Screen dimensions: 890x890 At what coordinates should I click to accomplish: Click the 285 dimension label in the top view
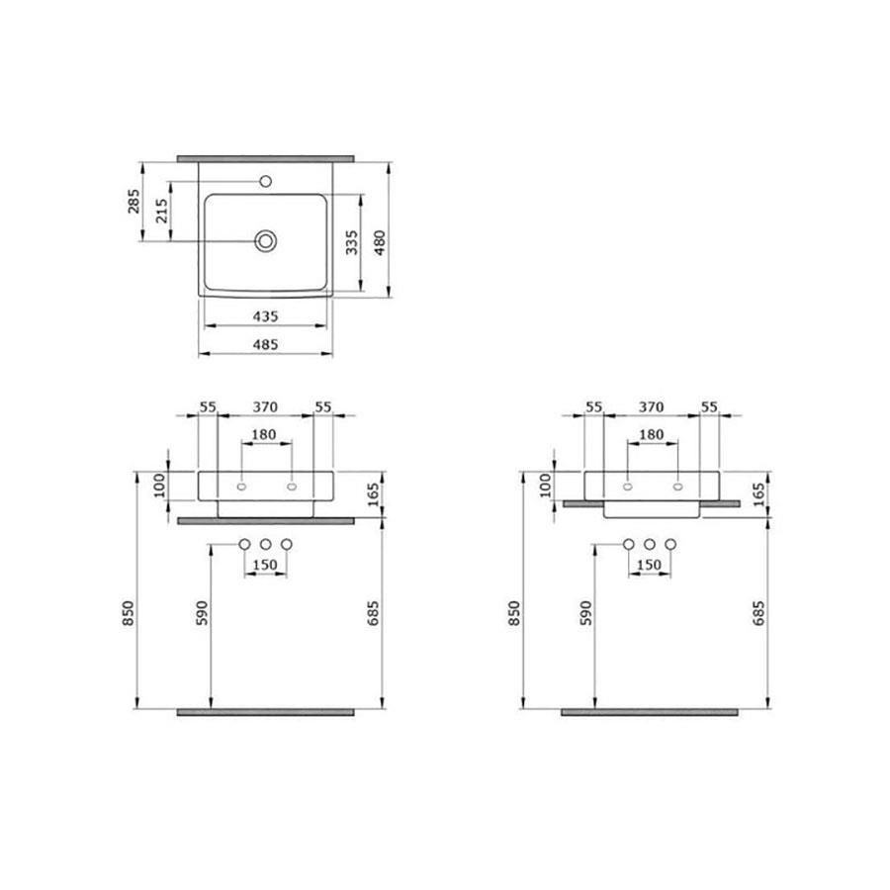point(133,202)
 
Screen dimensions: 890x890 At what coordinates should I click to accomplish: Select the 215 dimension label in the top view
point(162,211)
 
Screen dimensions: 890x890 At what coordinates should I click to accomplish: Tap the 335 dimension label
point(352,242)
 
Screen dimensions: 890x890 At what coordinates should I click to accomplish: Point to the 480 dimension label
point(379,242)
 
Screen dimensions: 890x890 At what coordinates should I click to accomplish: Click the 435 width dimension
point(266,316)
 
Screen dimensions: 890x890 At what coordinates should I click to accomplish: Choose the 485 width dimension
point(266,344)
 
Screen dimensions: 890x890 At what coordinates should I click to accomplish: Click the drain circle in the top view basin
point(266,241)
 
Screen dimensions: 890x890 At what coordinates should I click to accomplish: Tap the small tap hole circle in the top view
point(265,182)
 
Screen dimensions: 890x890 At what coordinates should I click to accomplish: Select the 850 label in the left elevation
point(129,613)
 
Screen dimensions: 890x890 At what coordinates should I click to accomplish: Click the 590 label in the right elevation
point(586,613)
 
